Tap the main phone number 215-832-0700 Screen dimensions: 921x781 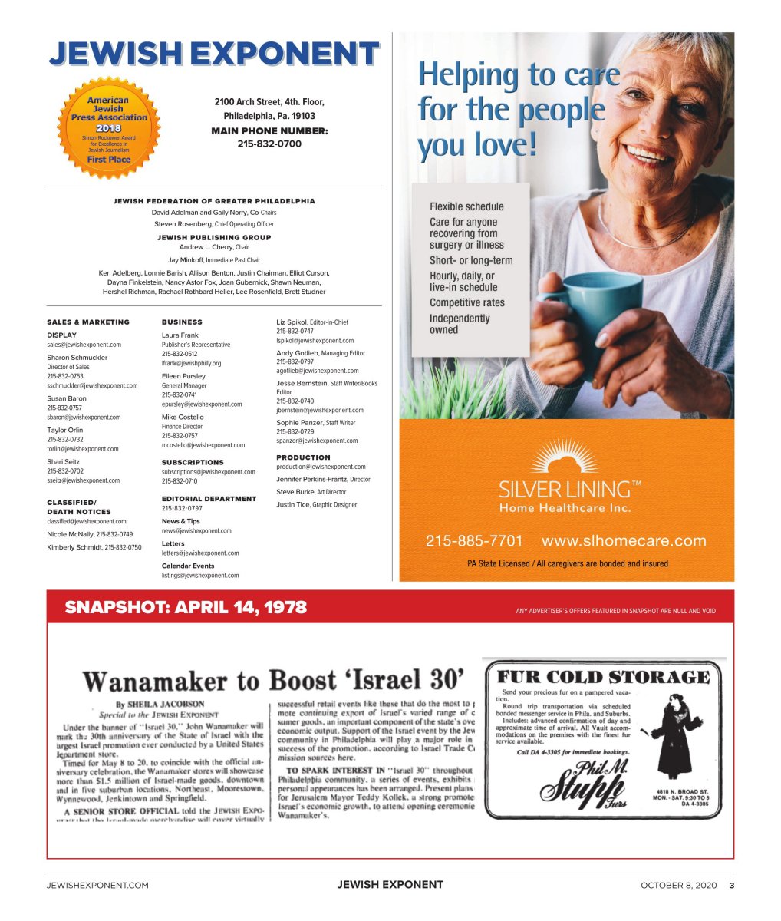[x=269, y=144]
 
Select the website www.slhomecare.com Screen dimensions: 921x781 [x=624, y=541]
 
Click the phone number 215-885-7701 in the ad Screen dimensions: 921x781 [x=474, y=541]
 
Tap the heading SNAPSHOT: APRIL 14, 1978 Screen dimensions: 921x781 [x=186, y=608]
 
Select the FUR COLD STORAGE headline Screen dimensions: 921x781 [x=603, y=677]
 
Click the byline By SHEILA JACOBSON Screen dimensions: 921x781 [x=160, y=704]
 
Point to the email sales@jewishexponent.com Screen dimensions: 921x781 [x=84, y=345]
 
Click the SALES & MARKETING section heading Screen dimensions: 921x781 [x=88, y=322]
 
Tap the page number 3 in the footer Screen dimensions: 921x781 [x=731, y=885]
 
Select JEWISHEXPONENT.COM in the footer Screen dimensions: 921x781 [x=97, y=885]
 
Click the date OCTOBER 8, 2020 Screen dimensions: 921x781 [x=678, y=885]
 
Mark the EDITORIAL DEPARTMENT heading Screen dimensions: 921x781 [x=209, y=499]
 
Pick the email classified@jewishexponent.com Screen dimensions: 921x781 [x=86, y=521]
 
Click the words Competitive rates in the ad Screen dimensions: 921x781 [x=466, y=302]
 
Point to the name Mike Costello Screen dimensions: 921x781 [x=183, y=417]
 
